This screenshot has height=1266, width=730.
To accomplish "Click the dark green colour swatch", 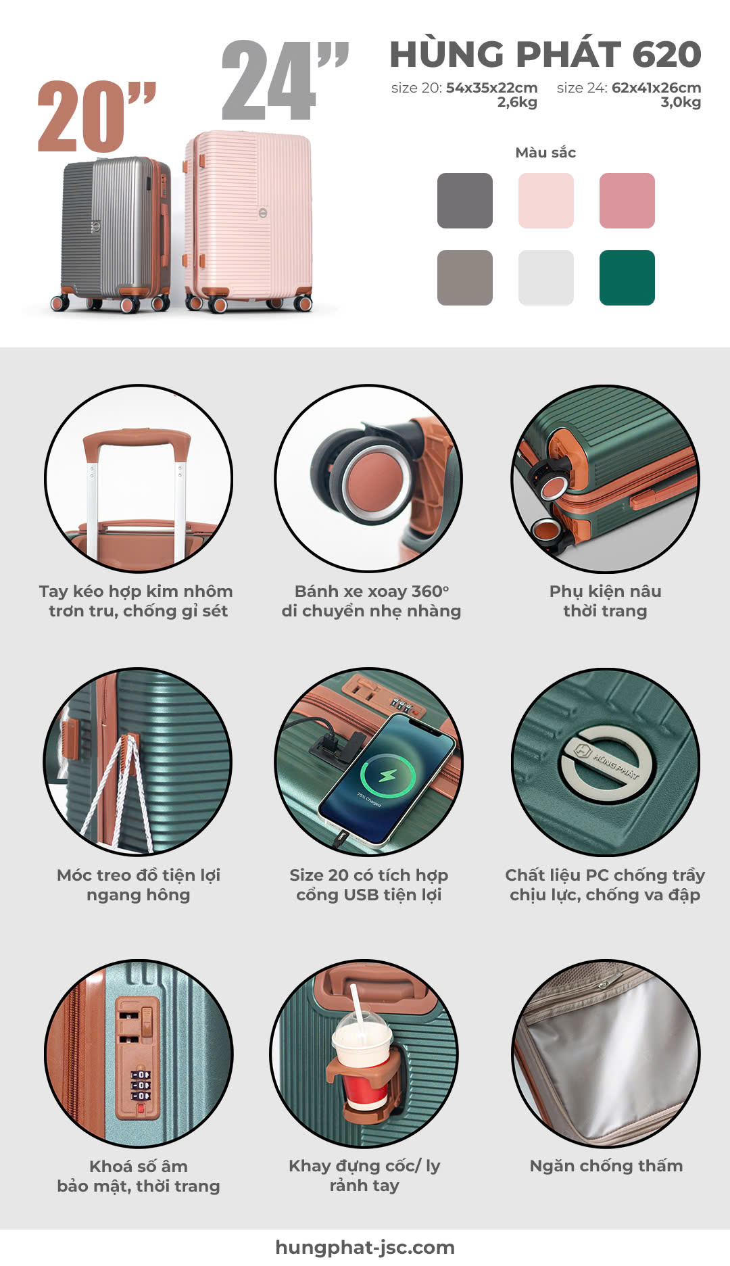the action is coord(627,278).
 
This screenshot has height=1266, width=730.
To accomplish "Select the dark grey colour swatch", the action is coord(465,201).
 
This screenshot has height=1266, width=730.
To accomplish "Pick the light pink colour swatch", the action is coord(546,201).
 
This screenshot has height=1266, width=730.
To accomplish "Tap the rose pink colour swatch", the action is coord(627,201).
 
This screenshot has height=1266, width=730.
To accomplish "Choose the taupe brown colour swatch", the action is coord(465,278).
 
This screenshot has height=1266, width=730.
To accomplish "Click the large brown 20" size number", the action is coord(96,116).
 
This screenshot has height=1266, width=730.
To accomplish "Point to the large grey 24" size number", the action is coord(284,80).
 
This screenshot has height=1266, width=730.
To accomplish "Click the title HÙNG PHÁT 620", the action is coord(545,54).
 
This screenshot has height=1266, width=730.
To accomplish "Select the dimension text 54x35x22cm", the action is coord(492,87).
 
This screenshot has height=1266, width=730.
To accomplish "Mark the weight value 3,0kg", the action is coord(681,103).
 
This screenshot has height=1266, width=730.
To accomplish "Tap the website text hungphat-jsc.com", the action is coord(365,1248).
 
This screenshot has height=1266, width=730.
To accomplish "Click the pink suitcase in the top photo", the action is coord(248,220).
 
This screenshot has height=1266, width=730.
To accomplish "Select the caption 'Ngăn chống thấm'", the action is coord(606,1166).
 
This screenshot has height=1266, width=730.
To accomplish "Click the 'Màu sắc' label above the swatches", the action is coord(545,152).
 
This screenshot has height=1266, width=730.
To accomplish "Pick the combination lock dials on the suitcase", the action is coord(141,1085).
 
